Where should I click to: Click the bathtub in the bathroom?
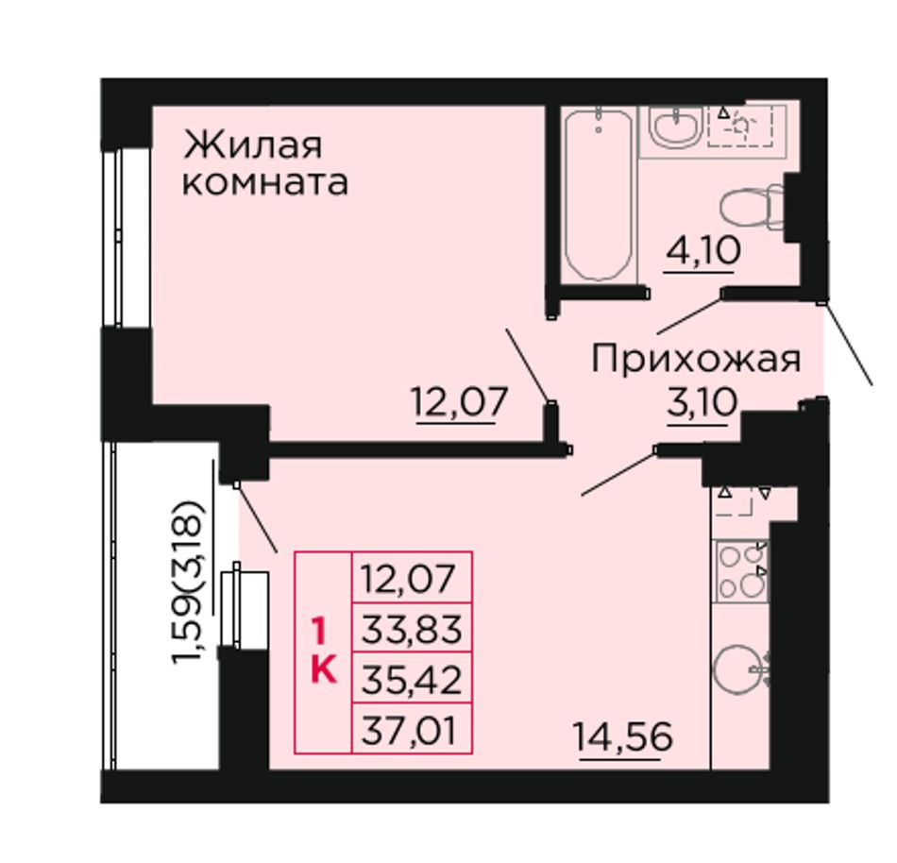coord(599,195)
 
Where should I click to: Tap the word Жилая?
coord(252,146)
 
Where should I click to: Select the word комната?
coord(265,183)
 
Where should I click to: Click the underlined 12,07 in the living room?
coord(460,401)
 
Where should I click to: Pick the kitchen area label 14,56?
coord(623,736)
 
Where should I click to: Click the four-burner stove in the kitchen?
coord(742,570)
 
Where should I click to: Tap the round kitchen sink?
coord(739,669)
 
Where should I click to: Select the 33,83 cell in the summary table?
coord(412,629)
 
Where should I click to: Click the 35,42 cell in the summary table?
coord(412,678)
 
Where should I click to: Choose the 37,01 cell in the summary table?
coord(412,728)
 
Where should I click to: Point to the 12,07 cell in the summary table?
coord(412,578)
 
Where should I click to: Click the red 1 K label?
coord(323,651)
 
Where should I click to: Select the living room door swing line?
coord(528,364)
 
